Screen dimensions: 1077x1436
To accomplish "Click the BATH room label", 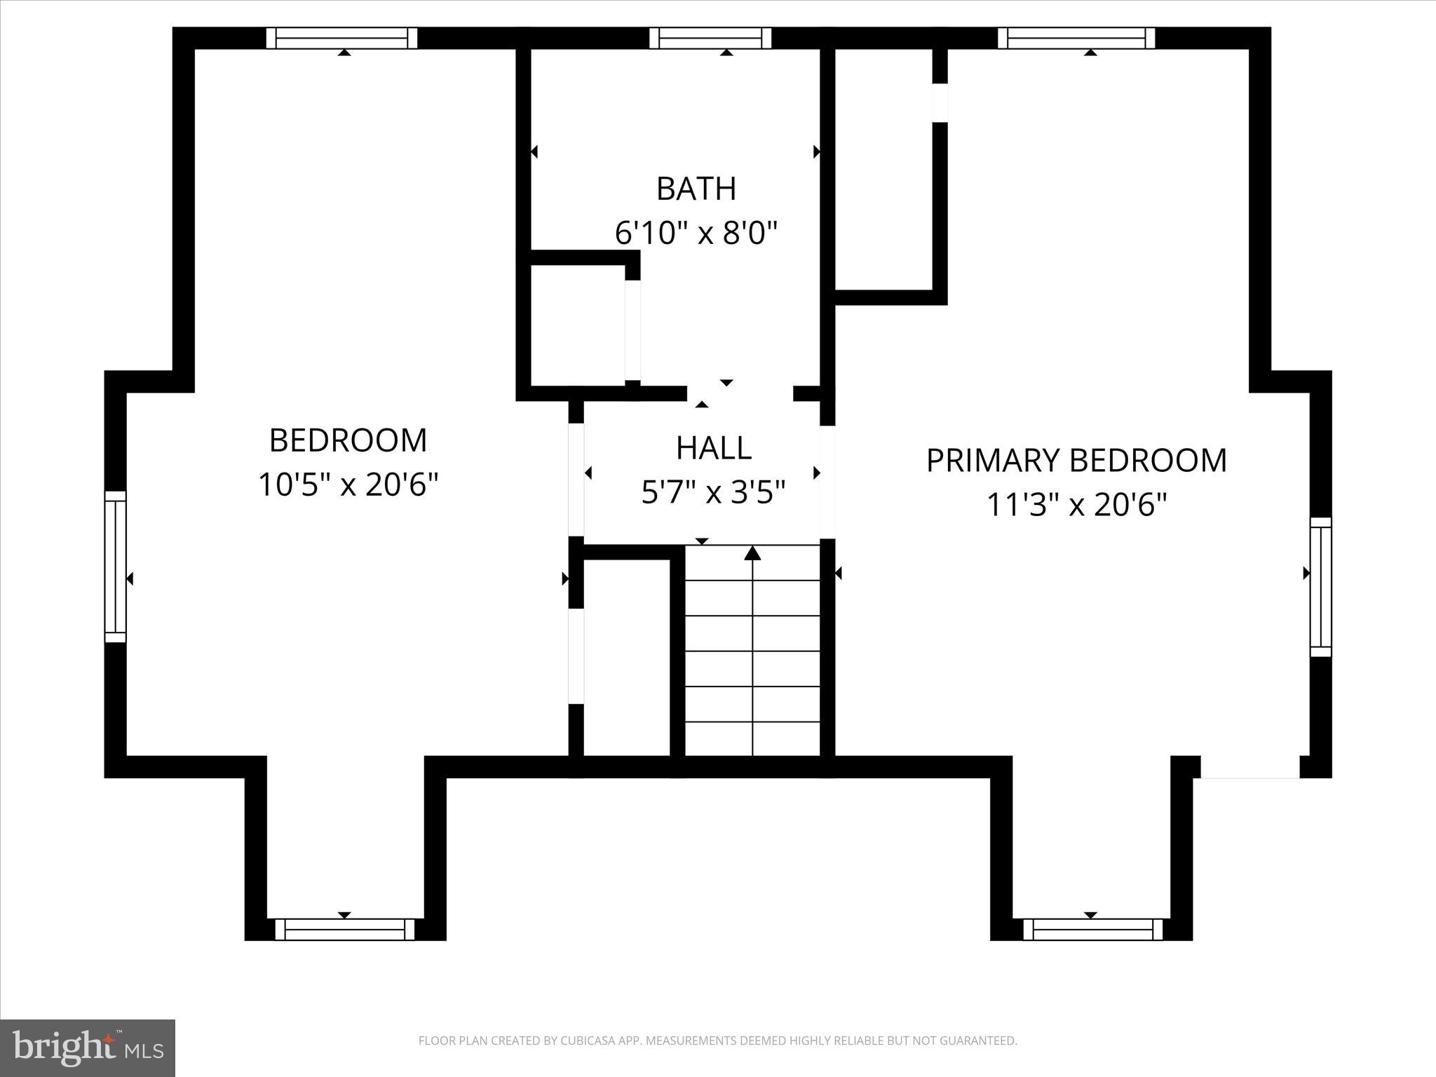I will click(x=696, y=189).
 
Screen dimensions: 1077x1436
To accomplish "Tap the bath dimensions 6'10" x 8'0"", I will click(x=696, y=232).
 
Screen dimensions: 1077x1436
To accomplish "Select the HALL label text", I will click(x=713, y=448).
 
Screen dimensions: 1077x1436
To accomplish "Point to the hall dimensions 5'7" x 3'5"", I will click(x=713, y=492).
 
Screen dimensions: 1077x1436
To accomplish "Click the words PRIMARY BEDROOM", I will click(x=1076, y=461).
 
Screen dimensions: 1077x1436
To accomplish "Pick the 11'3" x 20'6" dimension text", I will click(x=1076, y=504).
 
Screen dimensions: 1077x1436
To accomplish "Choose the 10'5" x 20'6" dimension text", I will click(x=348, y=485).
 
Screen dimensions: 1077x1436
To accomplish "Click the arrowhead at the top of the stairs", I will click(x=752, y=553).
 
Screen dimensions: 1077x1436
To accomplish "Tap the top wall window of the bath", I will click(x=710, y=38).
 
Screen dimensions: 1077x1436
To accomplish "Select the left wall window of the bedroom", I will click(x=115, y=567).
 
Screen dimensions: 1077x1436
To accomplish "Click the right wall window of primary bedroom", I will click(x=1320, y=587).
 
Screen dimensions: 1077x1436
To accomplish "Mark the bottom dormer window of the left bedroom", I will click(x=345, y=929).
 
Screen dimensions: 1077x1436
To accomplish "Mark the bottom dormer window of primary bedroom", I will click(x=1092, y=929).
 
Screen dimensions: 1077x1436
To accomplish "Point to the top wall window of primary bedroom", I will click(x=1076, y=38).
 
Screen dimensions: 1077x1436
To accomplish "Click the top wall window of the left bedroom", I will click(x=341, y=38).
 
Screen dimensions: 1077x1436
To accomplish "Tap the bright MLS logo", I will click(x=88, y=1048).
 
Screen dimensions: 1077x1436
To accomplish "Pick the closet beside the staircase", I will click(x=626, y=658).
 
